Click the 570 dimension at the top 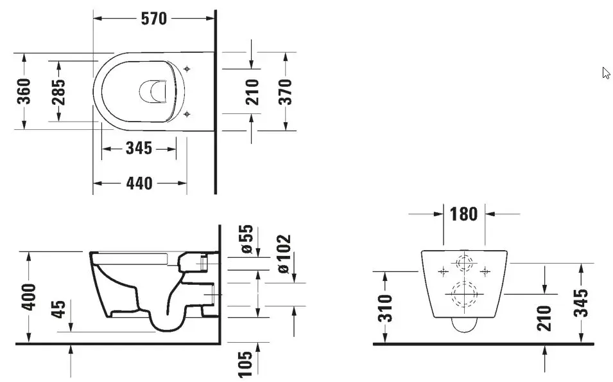pyautogui.click(x=154, y=19)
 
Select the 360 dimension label pyautogui.click(x=24, y=92)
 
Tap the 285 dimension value pyautogui.click(x=58, y=91)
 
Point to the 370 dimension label pyautogui.click(x=285, y=91)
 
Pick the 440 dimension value pyautogui.click(x=139, y=183)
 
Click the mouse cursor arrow pyautogui.click(x=605, y=73)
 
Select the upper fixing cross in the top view pyautogui.click(x=186, y=68)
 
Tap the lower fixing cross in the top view pyautogui.click(x=186, y=114)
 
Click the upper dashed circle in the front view pyautogui.click(x=464, y=263)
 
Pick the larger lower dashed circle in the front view pyautogui.click(x=465, y=294)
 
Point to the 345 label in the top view pyautogui.click(x=139, y=149)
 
